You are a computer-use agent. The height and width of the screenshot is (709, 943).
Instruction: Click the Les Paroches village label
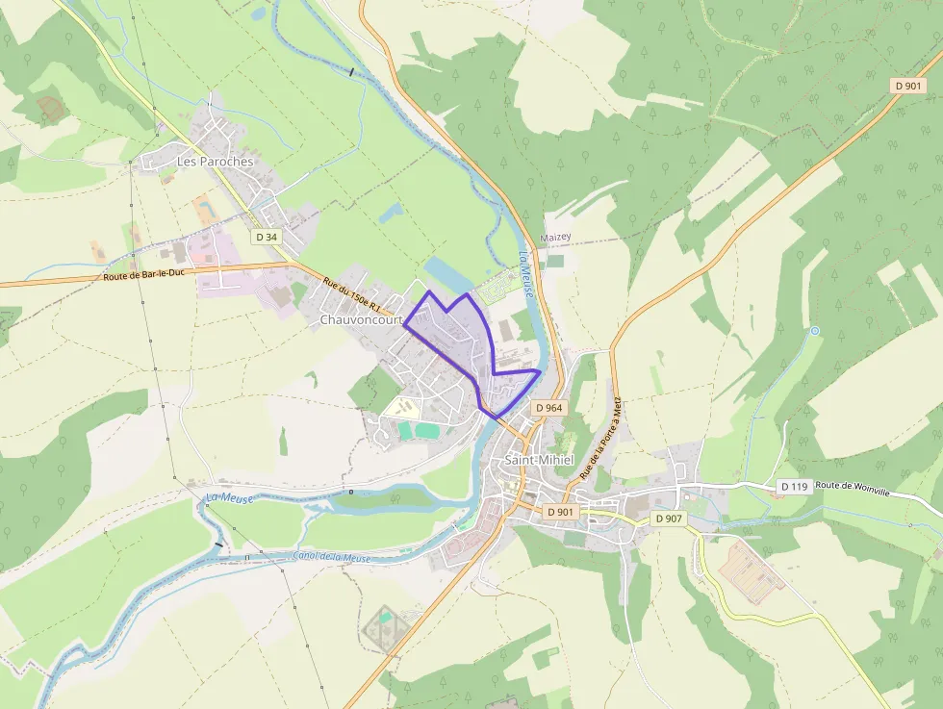point(216,162)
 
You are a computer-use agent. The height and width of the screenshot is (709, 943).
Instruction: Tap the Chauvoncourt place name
point(360,319)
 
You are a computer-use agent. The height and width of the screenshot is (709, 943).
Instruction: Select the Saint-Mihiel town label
point(539,460)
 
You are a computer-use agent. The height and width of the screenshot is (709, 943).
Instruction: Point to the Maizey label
point(555,237)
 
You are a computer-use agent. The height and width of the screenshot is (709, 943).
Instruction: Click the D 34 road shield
point(267,236)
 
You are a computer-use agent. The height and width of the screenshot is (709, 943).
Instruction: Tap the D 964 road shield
point(548,408)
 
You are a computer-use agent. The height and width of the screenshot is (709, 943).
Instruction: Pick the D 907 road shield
point(669,519)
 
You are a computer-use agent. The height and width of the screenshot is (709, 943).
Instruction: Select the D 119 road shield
point(794,487)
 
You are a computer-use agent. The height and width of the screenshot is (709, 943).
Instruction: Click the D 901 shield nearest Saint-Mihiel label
point(560,512)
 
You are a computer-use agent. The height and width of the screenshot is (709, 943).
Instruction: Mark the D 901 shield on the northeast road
point(908,86)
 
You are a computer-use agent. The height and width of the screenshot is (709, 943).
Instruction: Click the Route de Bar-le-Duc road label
point(144,277)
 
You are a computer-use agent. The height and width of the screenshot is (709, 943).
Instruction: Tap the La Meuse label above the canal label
point(228,497)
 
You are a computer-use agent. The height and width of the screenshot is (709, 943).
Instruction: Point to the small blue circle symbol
point(815,331)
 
